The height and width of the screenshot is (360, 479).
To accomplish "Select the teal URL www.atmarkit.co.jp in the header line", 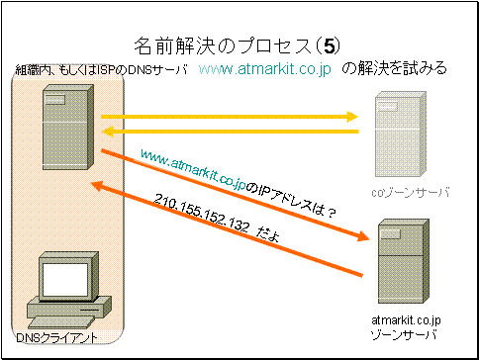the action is pos(265,70).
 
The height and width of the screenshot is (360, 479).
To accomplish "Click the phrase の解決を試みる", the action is pos(394,69).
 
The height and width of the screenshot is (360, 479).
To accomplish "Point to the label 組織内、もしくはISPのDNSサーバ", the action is pos(102,69).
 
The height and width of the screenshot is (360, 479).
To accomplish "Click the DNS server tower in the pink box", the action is pos(68,128).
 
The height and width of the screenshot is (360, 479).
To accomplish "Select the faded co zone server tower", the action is pos(401,135).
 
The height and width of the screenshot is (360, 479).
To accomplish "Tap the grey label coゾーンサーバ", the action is pos(411,193).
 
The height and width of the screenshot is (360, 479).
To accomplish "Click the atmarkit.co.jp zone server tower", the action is pos(404,261).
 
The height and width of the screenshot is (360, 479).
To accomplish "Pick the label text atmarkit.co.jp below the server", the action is pos(406,320).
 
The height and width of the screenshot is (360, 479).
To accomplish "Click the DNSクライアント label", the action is pos(56,337).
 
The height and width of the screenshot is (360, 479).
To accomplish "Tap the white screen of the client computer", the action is pos(65,280).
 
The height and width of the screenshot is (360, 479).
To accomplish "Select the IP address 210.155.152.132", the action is pos(201,214).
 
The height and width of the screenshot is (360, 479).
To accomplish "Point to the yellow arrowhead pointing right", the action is pos(352,117).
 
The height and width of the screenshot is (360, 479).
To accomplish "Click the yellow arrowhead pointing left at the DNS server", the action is pos(108,132).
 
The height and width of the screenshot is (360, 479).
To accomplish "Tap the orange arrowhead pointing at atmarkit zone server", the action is pos(363,236).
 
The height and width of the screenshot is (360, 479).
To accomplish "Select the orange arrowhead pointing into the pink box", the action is pos(98,186).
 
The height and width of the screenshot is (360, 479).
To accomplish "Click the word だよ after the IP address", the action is pos(267,236).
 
